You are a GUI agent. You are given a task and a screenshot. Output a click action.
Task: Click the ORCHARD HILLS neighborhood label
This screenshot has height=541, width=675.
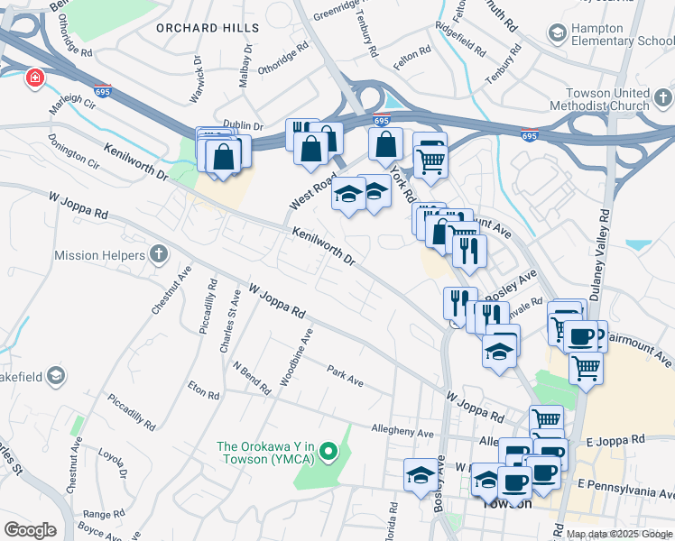[x=208, y=28]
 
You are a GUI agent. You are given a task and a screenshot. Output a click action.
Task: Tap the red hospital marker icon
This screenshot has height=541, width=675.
[x=35, y=78]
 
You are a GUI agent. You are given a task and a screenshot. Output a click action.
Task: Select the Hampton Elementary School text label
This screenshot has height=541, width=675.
[x=617, y=34]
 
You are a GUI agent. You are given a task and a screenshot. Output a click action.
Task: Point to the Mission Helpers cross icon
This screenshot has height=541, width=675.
[x=159, y=255]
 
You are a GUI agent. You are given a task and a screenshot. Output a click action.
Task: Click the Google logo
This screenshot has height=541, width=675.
[x=30, y=529]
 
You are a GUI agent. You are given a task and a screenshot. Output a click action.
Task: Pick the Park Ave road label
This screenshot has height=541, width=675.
[x=345, y=377]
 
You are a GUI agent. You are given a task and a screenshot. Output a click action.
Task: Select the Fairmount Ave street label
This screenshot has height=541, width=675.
[x=640, y=350]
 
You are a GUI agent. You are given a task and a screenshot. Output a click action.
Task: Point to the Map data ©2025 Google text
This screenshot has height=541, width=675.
[x=618, y=534]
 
